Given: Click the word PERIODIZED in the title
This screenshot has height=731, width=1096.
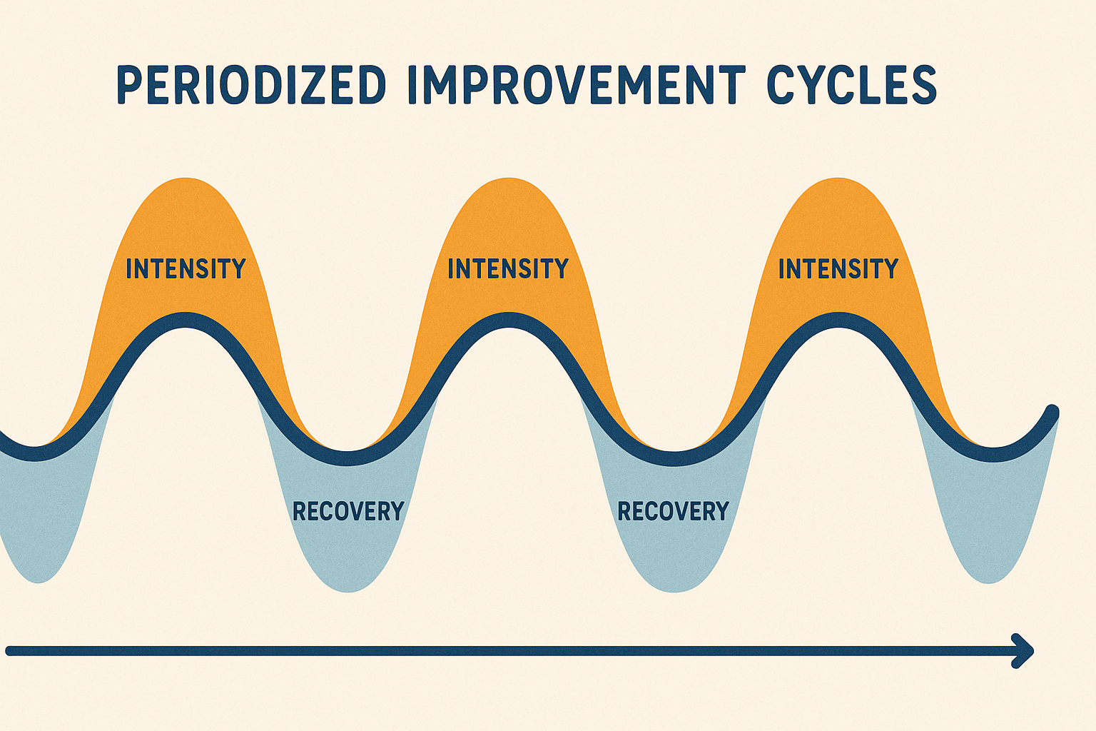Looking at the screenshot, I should point(250,85).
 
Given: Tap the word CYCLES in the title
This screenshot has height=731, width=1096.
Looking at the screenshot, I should point(851,85).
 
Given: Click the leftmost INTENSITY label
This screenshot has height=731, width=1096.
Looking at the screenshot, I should point(186,269).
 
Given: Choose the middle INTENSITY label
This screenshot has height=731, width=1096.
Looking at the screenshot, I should point(507,269).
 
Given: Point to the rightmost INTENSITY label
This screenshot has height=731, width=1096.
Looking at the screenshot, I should point(838,269).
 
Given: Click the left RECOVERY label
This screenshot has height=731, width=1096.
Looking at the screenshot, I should point(348,511).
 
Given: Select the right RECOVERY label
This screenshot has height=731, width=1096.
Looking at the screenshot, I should point(673,511).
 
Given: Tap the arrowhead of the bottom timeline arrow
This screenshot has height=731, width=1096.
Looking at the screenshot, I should point(1025,650).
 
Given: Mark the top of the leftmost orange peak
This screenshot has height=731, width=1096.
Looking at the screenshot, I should point(186,179).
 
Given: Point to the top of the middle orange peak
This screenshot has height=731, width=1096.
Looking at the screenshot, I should point(508,179).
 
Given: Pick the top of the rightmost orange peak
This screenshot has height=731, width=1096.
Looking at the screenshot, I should point(838,179).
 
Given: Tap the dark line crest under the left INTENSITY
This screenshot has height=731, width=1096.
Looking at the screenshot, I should point(186,321).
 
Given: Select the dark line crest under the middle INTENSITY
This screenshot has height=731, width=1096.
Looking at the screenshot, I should point(508,321).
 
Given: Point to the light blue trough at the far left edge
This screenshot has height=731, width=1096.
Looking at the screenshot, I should point(36,528).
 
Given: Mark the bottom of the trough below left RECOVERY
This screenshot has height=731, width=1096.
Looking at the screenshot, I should point(348,590).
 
